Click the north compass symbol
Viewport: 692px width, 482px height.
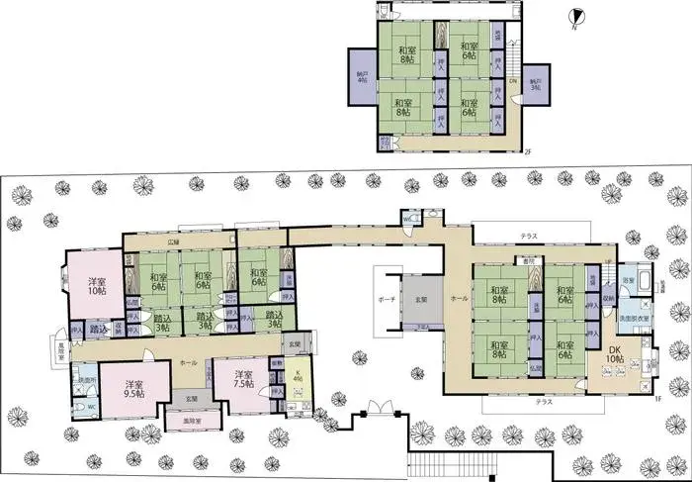pyautogui.click(x=580, y=16)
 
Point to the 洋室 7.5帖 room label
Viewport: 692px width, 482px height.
pyautogui.click(x=244, y=377)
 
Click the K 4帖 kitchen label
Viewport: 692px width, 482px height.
pyautogui.click(x=298, y=377)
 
